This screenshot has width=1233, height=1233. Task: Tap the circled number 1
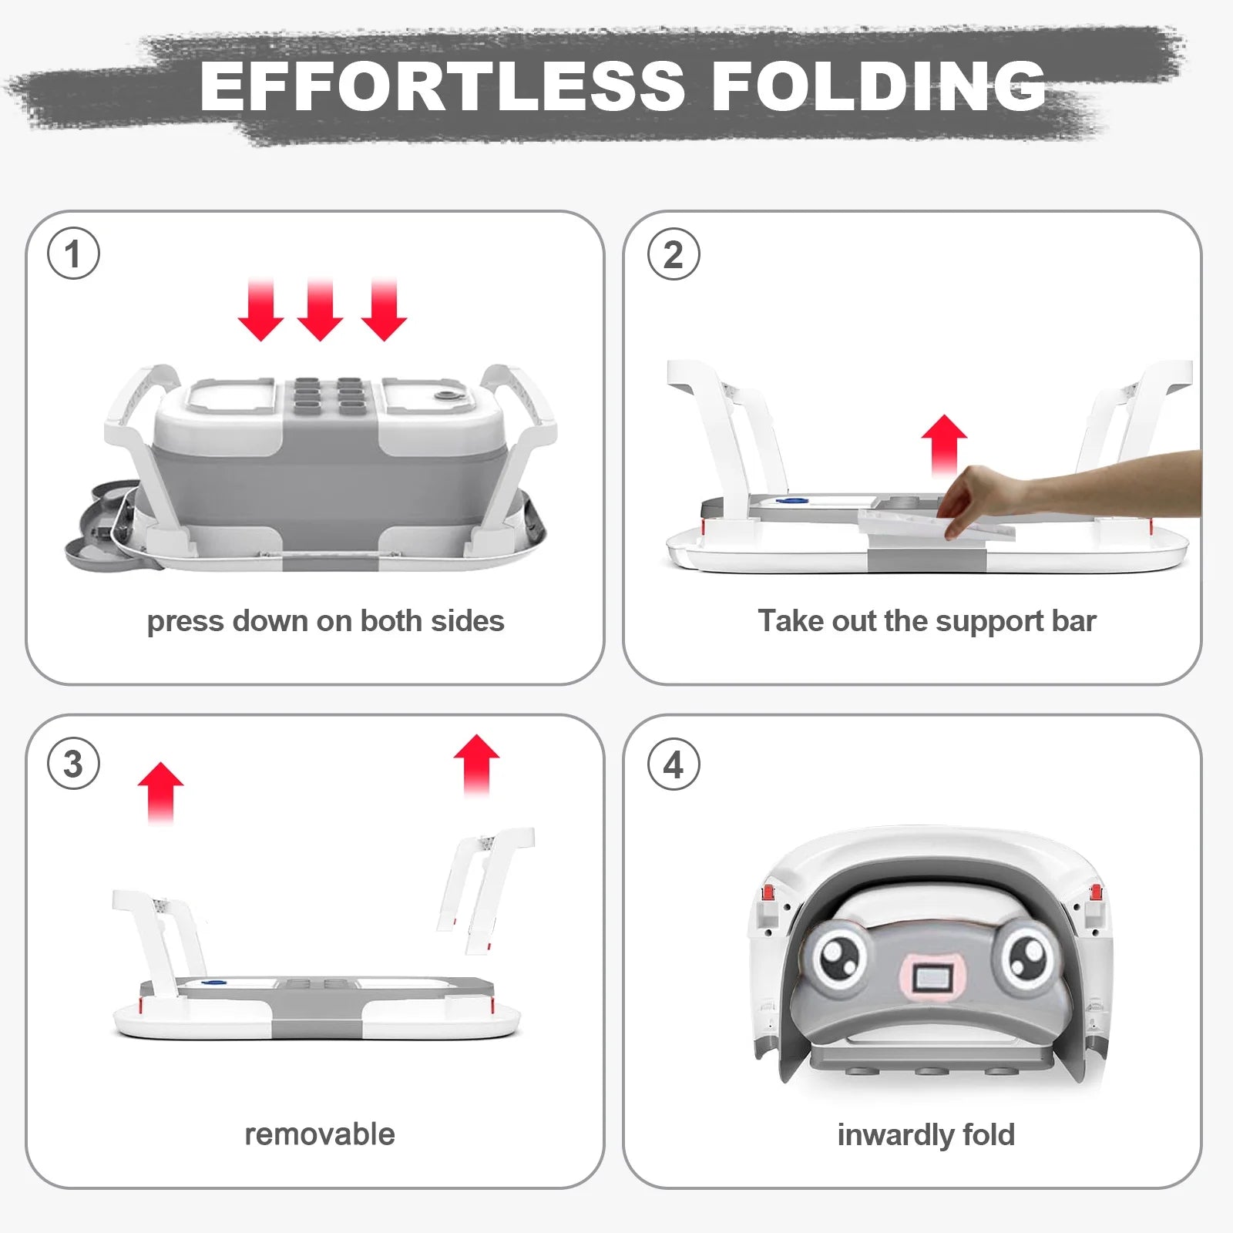coord(73,254)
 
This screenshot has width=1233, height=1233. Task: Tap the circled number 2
coord(674,254)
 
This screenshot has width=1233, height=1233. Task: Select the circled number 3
coord(73,764)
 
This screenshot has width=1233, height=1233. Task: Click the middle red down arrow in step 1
coord(320,310)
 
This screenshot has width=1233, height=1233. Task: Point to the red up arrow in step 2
coord(944,445)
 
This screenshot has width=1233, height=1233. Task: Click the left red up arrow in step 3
coord(160,793)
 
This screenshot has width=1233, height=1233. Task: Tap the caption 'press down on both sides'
coord(325,621)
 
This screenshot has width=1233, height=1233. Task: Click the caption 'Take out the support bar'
coord(927,621)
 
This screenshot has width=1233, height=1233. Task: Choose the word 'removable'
coord(320,1134)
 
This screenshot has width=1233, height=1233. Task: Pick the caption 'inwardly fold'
coord(926,1135)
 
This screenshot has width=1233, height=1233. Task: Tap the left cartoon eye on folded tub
coord(838,956)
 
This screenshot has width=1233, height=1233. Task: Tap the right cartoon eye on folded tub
coord(1028,956)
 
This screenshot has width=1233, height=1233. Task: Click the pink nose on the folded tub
coord(934,979)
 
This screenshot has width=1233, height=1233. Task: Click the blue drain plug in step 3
coord(213,983)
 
